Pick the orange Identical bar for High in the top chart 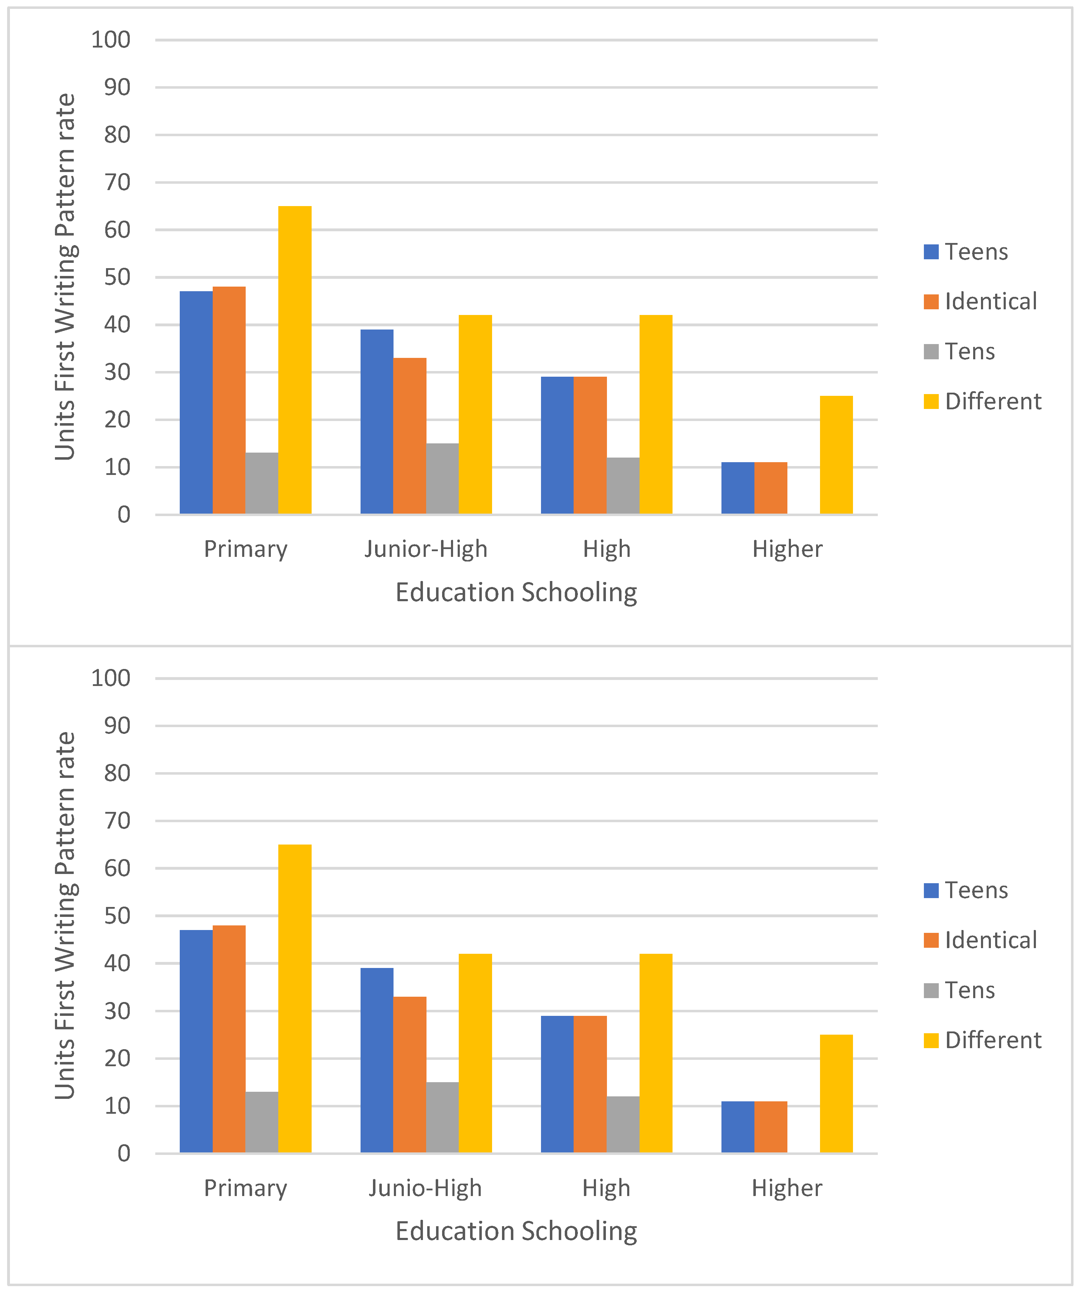[590, 445]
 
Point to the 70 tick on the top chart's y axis [117, 183]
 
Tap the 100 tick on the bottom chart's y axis [111, 678]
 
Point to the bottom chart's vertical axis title [65, 916]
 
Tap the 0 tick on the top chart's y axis [124, 515]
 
